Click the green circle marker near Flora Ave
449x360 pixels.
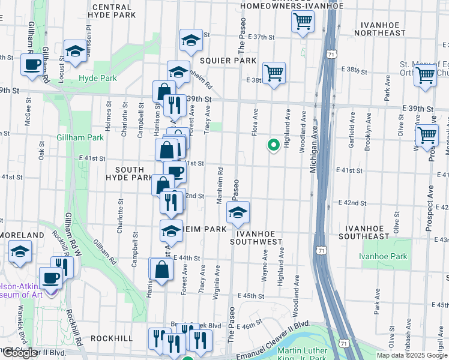click(x=273, y=145)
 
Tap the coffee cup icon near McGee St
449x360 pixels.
click(x=32, y=64)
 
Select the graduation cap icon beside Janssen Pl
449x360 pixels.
click(x=76, y=52)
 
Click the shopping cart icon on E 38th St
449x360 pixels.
click(x=274, y=73)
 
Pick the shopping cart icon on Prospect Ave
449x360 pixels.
click(x=427, y=135)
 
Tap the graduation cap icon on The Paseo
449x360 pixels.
click(x=238, y=212)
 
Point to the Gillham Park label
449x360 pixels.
click(x=80, y=137)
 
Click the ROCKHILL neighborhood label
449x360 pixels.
click(x=112, y=338)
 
